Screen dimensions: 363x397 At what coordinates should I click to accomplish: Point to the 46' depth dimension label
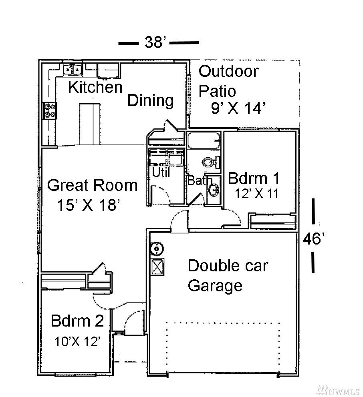coord(314,239)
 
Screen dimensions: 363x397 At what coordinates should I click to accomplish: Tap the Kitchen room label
coord(95,87)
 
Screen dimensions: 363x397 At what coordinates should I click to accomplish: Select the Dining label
coord(151,100)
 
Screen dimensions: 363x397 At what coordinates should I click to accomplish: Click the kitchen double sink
coord(73,69)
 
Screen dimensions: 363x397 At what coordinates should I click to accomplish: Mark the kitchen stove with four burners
coord(50,110)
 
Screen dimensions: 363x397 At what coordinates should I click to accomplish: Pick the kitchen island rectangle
coord(89,124)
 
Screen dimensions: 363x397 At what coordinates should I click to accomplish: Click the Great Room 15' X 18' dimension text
coord(88,205)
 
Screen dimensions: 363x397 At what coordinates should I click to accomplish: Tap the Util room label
coord(161,172)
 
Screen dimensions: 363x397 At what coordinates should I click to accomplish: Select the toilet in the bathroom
coord(211,162)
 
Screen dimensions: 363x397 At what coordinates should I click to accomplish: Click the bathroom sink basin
coord(214,190)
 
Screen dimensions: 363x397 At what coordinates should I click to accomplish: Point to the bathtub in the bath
coord(204,140)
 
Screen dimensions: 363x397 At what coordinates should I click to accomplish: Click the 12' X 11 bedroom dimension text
coord(256,194)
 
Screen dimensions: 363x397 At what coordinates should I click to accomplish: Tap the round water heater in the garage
coord(157,249)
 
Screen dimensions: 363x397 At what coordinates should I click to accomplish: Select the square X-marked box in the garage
coord(157,267)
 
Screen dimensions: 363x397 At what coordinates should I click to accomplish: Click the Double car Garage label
coord(228,276)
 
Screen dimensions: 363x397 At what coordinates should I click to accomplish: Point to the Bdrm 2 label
coord(77,321)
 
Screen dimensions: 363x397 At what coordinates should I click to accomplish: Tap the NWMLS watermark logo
coord(338,391)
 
